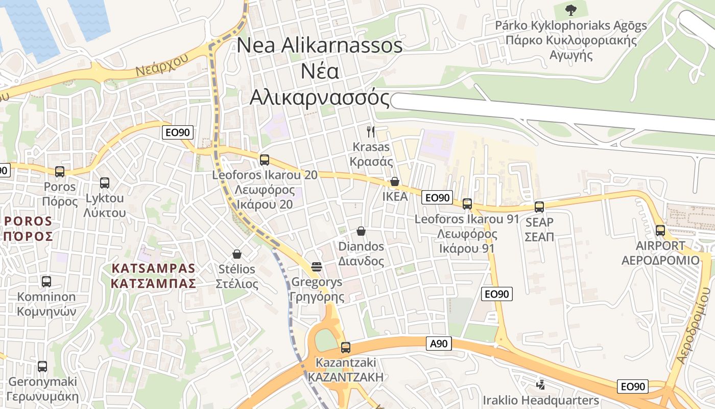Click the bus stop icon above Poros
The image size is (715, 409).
tap(60, 172)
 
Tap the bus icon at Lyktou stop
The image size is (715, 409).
tap(105, 183)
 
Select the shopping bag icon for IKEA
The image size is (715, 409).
tap(394, 181)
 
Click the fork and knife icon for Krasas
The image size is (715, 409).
tap(371, 131)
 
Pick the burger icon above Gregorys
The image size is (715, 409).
tap(317, 266)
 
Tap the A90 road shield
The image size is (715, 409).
tap(438, 344)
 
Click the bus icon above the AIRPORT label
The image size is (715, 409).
tap(660, 231)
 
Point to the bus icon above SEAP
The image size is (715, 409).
tap(539, 207)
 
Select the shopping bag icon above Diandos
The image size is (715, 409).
tap(361, 231)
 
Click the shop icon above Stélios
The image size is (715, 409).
tap(237, 254)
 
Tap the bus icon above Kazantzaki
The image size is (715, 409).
tap(346, 348)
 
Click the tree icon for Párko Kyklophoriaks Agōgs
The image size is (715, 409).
tap(570, 9)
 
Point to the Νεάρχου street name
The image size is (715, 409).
tap(162, 65)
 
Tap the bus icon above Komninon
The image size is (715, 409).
tap(46, 281)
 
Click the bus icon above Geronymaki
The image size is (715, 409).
tap(42, 366)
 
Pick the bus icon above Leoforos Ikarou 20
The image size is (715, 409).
tap(265, 160)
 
